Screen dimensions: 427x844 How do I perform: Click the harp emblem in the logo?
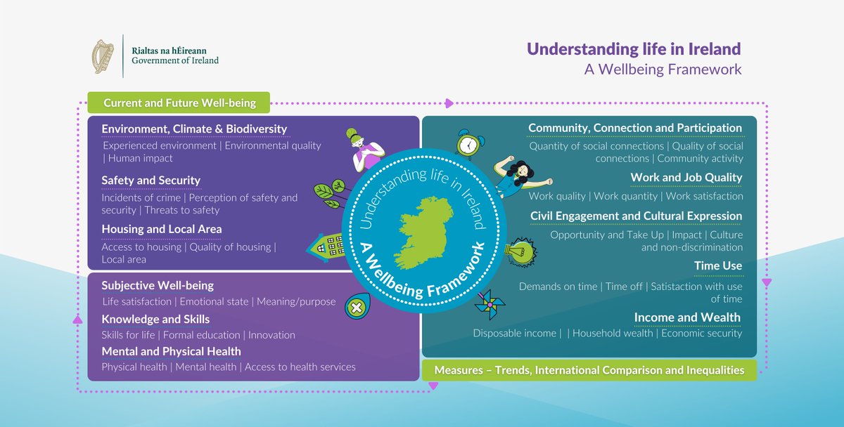pos(104,57)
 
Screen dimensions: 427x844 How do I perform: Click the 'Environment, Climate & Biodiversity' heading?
pos(194,129)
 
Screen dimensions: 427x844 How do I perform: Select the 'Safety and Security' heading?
pos(151,180)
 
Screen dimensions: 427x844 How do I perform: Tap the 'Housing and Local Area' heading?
pos(161,229)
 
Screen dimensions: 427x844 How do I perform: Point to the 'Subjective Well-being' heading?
pos(158,286)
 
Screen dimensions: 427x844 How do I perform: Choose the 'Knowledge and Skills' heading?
pos(155,320)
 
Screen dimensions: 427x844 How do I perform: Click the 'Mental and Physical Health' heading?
pos(171,351)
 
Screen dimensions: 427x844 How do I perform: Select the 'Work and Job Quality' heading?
pos(686,178)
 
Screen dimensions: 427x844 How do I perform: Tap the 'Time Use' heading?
pos(717,265)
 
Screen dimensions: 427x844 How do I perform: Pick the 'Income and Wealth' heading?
pos(687,317)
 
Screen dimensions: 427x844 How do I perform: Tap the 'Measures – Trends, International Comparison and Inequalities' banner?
pos(589,370)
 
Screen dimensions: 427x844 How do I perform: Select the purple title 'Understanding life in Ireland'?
pos(634,49)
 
